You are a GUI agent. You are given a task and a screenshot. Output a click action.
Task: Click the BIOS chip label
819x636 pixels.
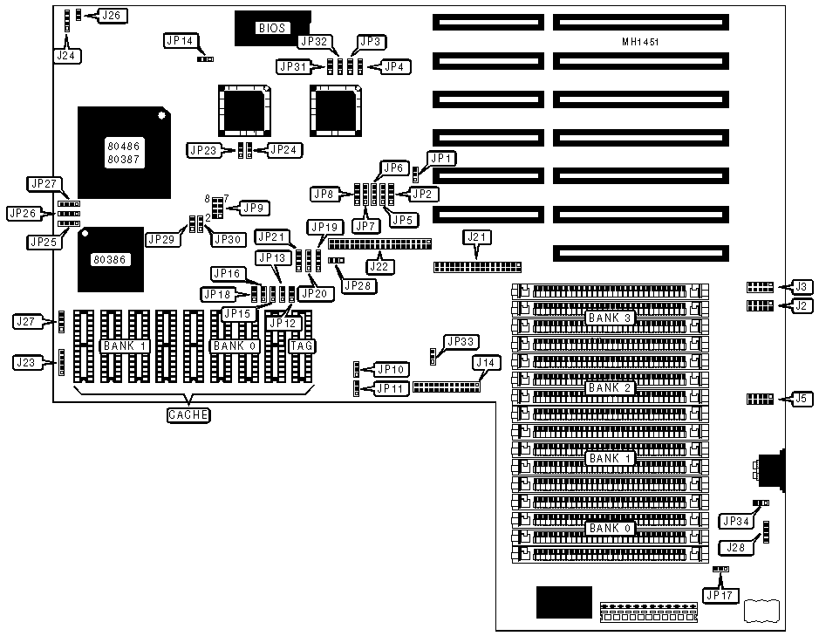click(x=271, y=28)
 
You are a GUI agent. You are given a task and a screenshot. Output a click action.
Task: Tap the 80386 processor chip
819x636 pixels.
click(x=110, y=259)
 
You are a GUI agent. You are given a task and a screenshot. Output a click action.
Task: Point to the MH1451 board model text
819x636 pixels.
click(x=640, y=42)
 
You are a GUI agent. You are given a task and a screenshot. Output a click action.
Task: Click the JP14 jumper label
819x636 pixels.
click(x=181, y=40)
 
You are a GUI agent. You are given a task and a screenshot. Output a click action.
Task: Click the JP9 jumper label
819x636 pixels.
click(x=255, y=208)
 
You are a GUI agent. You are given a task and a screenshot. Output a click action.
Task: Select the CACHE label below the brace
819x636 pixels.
click(x=188, y=414)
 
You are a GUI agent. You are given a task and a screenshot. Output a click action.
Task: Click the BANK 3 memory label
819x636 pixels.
click(x=610, y=318)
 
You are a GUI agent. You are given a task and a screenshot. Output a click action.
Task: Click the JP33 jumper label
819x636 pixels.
click(x=460, y=341)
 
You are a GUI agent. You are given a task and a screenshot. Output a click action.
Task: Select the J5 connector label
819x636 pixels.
click(x=801, y=400)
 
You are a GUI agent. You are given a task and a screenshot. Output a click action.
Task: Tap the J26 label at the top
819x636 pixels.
click(x=113, y=15)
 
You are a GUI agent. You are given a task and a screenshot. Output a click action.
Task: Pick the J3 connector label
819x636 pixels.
click(x=801, y=286)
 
